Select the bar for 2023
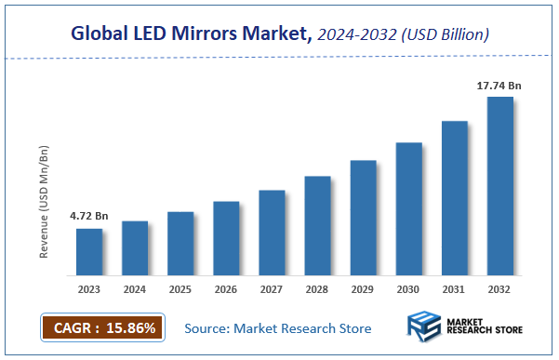89,252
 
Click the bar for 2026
226,238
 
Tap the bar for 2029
363,218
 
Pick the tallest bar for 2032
499,186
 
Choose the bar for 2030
408,209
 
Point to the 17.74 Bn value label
499,86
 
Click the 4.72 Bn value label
89,217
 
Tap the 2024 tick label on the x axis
135,288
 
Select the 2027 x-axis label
272,288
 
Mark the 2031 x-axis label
454,288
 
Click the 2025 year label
180,288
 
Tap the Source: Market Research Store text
277,328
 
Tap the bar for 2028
317,226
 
